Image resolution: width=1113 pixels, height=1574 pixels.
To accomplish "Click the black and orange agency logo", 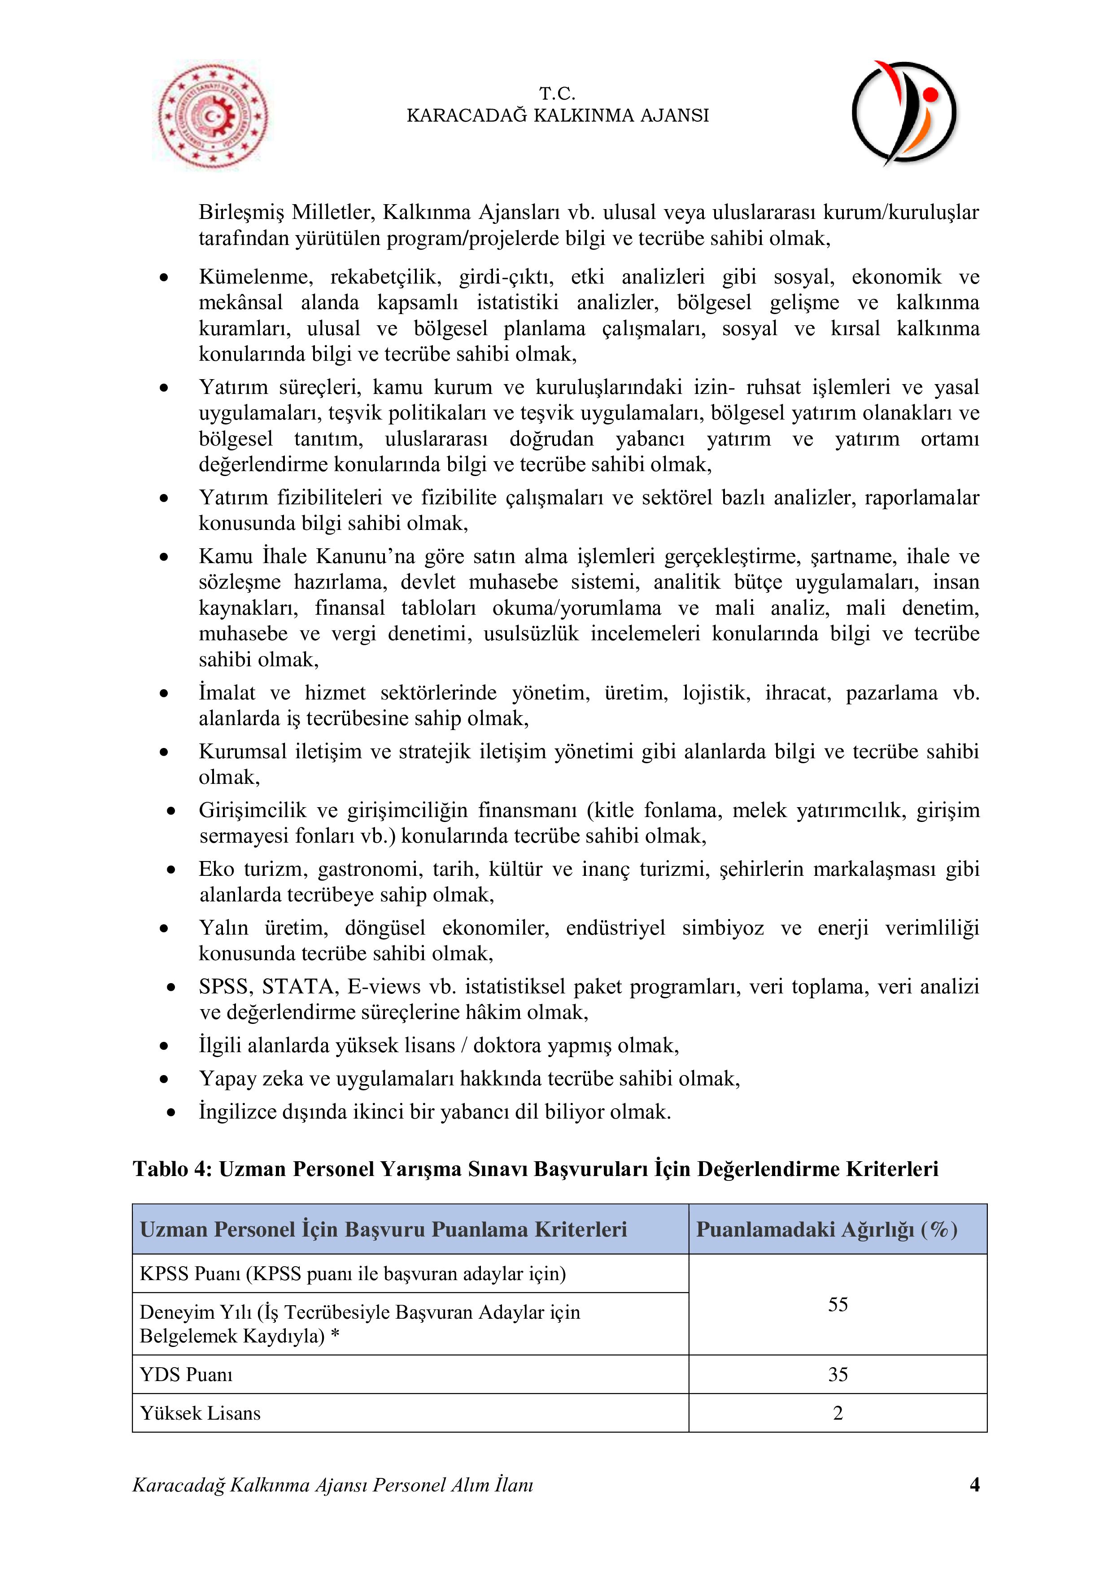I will pyautogui.click(x=903, y=113).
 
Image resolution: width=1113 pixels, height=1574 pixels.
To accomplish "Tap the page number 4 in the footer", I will pyautogui.click(x=974, y=1485).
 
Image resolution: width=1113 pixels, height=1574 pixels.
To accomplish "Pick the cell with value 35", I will pyautogui.click(x=838, y=1374).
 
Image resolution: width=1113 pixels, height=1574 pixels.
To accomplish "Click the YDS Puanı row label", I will pyautogui.click(x=187, y=1374).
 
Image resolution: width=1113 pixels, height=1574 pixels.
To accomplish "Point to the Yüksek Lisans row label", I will pyautogui.click(x=200, y=1413).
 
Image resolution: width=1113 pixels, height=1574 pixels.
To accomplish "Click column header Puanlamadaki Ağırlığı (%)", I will pyautogui.click(x=826, y=1229).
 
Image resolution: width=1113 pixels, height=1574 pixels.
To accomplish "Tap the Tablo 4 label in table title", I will pyautogui.click(x=173, y=1168).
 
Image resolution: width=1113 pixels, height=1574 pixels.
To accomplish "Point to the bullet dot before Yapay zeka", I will pyautogui.click(x=164, y=1079).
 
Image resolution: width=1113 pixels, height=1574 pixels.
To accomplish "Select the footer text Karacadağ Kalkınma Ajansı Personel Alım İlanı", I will pyautogui.click(x=332, y=1485).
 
